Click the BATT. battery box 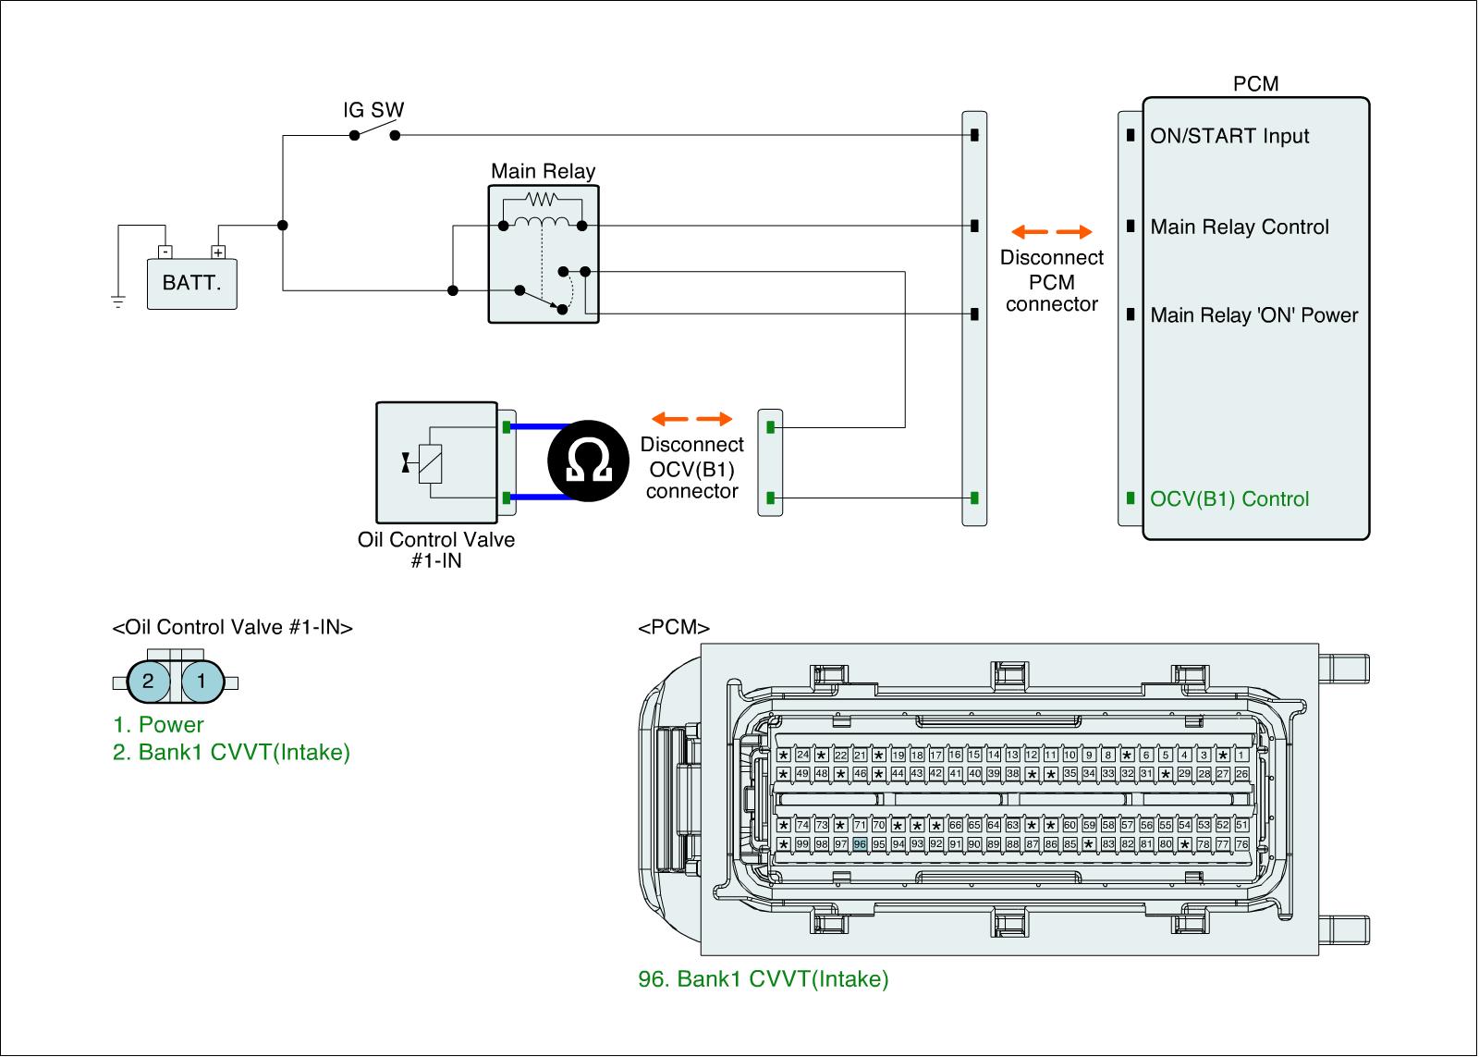(x=191, y=283)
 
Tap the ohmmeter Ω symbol (x=590, y=462)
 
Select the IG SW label (x=373, y=110)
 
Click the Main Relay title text (x=543, y=171)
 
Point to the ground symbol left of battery (x=118, y=301)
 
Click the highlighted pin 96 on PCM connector (x=860, y=843)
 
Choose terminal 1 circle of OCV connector (x=202, y=682)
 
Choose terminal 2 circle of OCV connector (x=148, y=682)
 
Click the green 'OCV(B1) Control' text (x=1229, y=499)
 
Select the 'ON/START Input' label (x=1229, y=136)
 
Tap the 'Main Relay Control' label (x=1240, y=227)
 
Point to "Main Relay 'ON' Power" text (x=1253, y=315)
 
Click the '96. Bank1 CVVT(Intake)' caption (x=764, y=979)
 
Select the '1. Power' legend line (x=158, y=725)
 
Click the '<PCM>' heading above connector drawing (x=674, y=628)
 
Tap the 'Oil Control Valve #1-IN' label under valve (x=436, y=549)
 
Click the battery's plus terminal (x=218, y=252)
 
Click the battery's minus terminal (x=165, y=252)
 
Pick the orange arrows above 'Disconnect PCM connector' (x=1051, y=231)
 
